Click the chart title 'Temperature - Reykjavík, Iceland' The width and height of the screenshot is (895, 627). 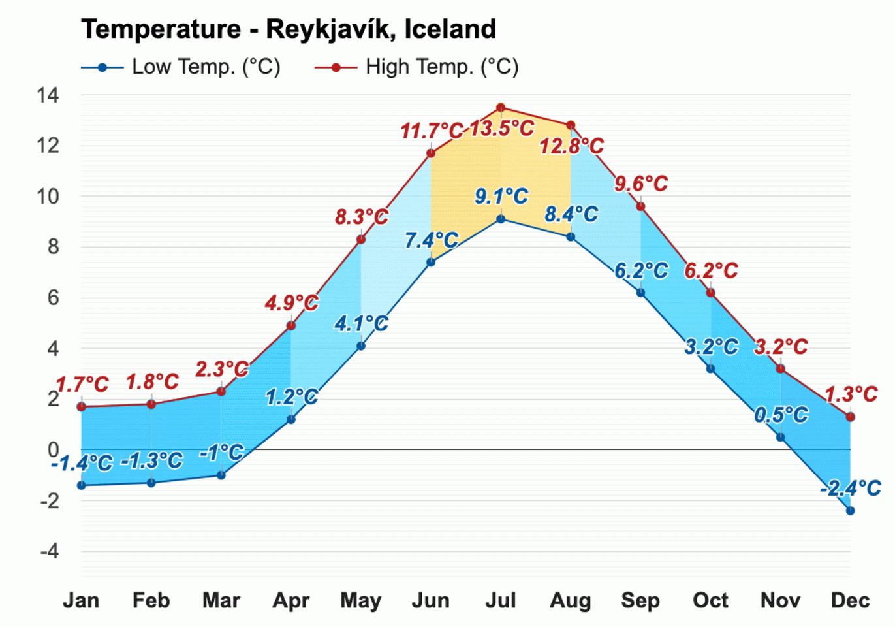click(x=289, y=29)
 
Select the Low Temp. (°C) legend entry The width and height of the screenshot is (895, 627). click(x=181, y=67)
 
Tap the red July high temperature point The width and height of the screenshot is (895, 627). click(x=501, y=108)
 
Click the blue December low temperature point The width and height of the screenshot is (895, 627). click(x=850, y=511)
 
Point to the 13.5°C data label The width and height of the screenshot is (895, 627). click(x=501, y=128)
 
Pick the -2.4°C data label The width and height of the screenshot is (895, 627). click(x=850, y=488)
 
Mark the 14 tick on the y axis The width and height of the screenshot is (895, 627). click(x=48, y=95)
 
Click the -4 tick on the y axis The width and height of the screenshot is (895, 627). click(x=49, y=551)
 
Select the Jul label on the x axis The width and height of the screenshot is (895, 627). click(x=501, y=600)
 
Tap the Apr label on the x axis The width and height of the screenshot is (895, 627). click(x=291, y=600)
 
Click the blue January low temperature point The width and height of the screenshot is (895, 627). click(x=82, y=485)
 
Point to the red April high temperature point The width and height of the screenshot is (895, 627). click(x=291, y=325)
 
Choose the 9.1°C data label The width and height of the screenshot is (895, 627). click(x=501, y=196)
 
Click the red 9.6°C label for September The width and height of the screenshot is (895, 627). click(x=641, y=184)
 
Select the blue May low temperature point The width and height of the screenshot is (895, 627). click(x=361, y=346)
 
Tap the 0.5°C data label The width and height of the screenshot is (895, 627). click(x=781, y=415)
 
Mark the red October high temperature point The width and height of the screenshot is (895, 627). click(x=711, y=293)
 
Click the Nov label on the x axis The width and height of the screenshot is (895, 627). click(x=780, y=600)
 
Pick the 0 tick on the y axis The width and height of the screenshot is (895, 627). click(x=53, y=450)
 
